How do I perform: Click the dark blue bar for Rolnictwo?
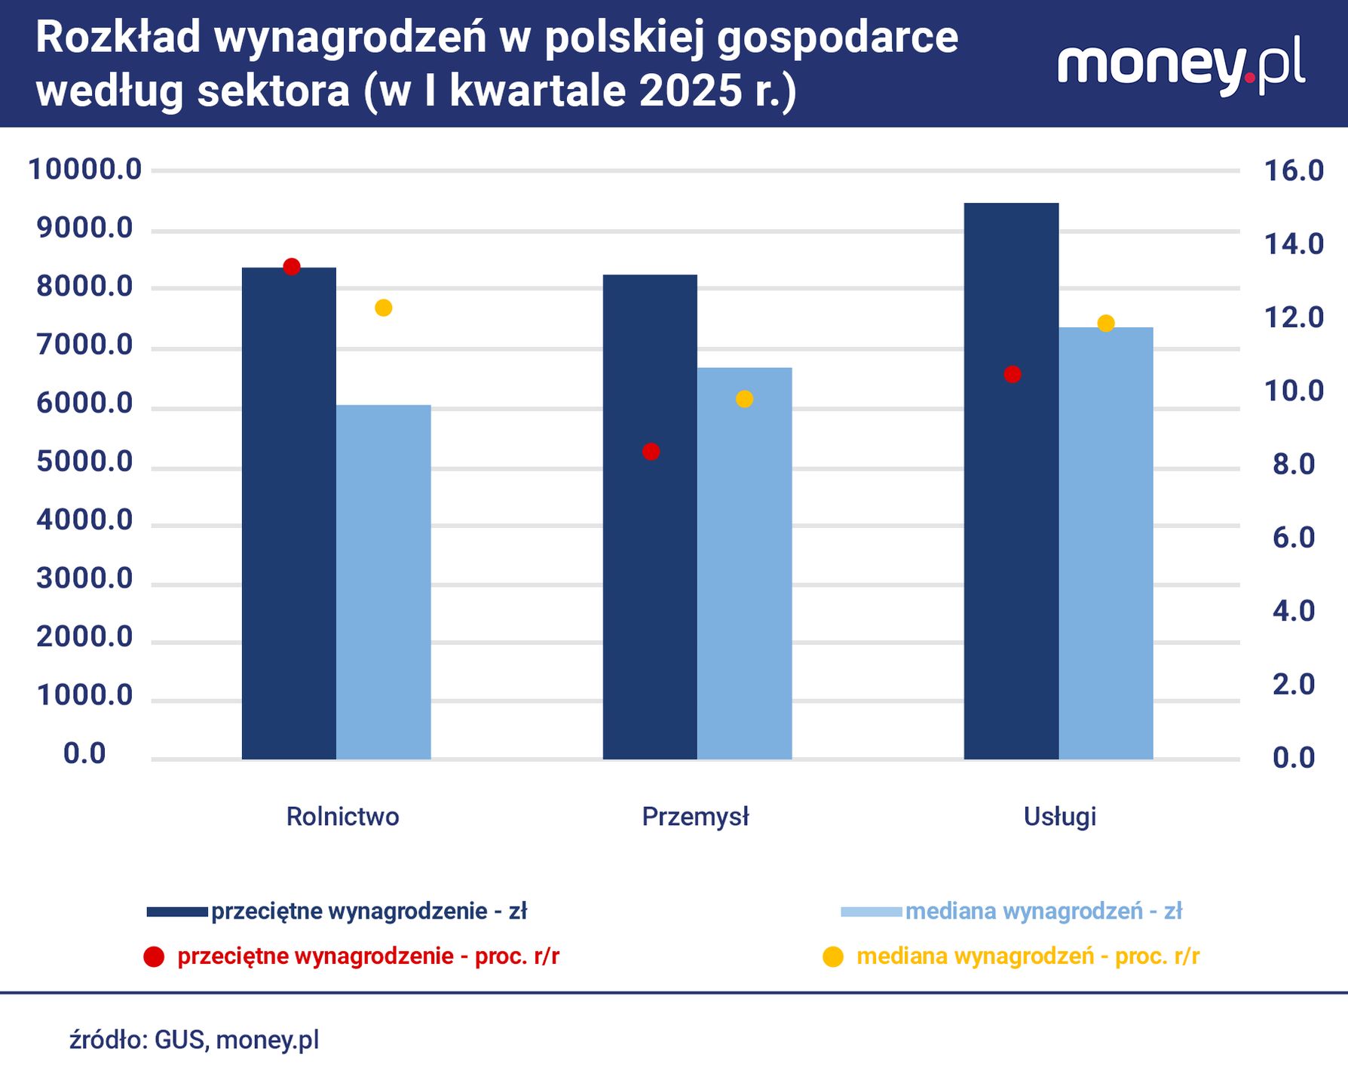[x=289, y=513]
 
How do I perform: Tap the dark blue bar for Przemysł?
[x=650, y=517]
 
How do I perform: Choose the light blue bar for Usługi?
[x=1105, y=543]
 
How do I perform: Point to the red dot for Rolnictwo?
[x=292, y=266]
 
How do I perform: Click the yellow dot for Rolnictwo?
[x=384, y=308]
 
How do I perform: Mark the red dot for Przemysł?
[x=651, y=452]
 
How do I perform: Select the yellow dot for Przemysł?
[x=744, y=399]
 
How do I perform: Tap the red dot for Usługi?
[x=1013, y=374]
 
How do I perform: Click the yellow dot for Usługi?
[x=1106, y=324]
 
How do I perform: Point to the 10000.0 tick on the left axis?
[x=84, y=170]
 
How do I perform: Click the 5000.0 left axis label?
[x=84, y=462]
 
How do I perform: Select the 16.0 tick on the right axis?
[x=1294, y=170]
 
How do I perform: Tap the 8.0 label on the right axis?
[x=1294, y=465]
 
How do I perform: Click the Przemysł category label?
[x=695, y=817]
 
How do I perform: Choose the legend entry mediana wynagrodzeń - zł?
[x=1043, y=912]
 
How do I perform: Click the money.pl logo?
[x=1181, y=66]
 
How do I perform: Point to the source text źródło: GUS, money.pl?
[x=195, y=1040]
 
